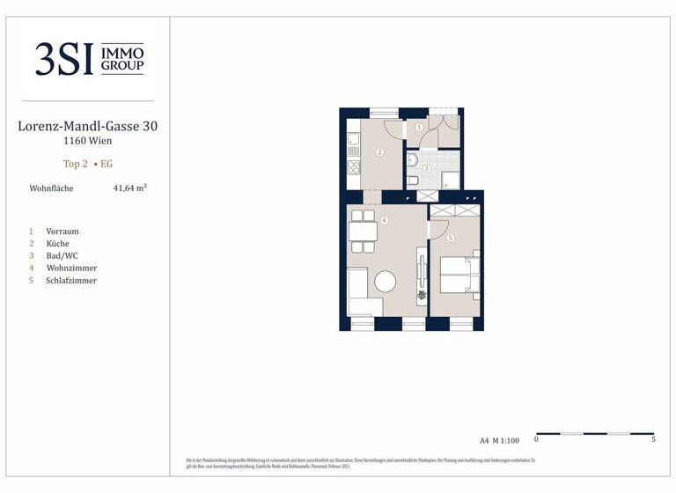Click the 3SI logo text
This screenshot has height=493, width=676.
pyautogui.click(x=64, y=59)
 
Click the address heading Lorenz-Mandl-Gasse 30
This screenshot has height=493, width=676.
pyautogui.click(x=87, y=126)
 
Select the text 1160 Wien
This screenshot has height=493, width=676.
pyautogui.click(x=87, y=140)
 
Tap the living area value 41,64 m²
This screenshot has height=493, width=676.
pyautogui.click(x=129, y=188)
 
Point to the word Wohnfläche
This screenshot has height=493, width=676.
pyautogui.click(x=51, y=188)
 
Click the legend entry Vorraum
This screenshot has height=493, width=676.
pyautogui.click(x=62, y=232)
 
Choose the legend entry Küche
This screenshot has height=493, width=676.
pyautogui.click(x=57, y=244)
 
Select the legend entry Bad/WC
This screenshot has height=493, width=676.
pyautogui.click(x=62, y=256)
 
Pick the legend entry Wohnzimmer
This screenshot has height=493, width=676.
pyautogui.click(x=71, y=269)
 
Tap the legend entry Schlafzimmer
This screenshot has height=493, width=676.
pyautogui.click(x=71, y=281)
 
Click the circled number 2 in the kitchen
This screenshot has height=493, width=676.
pyautogui.click(x=379, y=152)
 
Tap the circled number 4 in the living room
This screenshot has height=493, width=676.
pyautogui.click(x=384, y=220)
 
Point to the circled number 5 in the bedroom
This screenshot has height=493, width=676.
pyautogui.click(x=450, y=238)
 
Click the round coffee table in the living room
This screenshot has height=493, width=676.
pyautogui.click(x=386, y=282)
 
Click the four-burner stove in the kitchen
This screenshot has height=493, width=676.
pyautogui.click(x=354, y=166)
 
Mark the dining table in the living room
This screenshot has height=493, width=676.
pyautogui.click(x=363, y=232)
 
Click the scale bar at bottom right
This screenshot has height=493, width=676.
pyautogui.click(x=595, y=434)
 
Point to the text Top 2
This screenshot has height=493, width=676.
pyautogui.click(x=76, y=164)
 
